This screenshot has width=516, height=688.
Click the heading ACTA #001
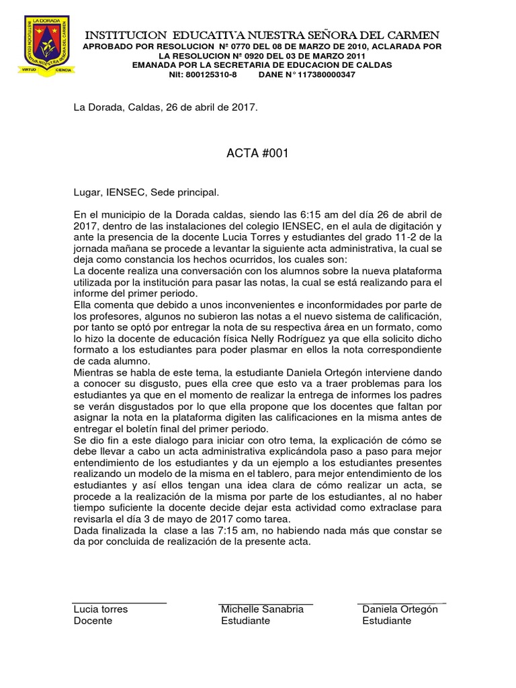coord(258,153)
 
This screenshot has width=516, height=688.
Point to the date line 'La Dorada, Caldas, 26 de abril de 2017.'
coord(165,107)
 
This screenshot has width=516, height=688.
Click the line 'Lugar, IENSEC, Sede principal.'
coord(146,193)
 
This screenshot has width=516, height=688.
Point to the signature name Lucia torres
coord(100,609)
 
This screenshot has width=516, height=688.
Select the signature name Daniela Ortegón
coord(400,609)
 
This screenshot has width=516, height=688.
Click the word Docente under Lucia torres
coord(93,621)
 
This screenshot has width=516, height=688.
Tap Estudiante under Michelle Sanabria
coord(245,621)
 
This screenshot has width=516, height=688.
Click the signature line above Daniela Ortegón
coord(401,603)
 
